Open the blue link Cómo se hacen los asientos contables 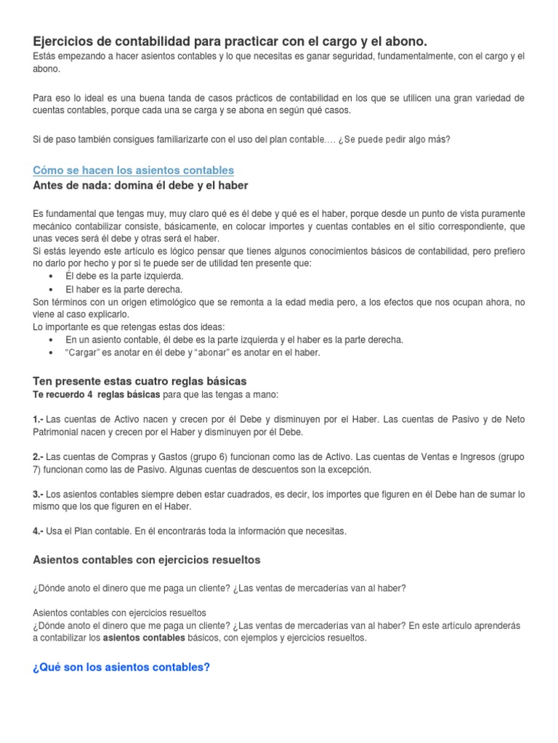point(133,170)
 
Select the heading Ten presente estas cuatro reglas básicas point(140,380)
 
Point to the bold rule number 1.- point(39,420)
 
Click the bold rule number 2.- point(39,457)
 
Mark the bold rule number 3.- point(39,494)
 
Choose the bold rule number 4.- point(39,531)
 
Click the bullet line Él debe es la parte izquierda point(114,276)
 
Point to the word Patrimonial point(60,432)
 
